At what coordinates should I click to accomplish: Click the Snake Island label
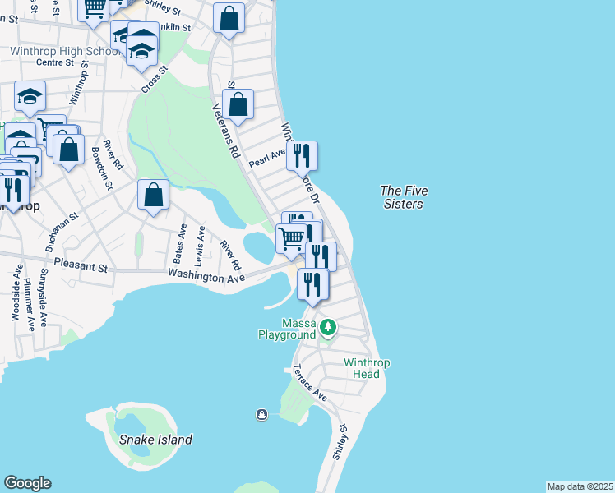pos(155,440)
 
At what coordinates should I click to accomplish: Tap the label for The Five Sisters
pos(403,197)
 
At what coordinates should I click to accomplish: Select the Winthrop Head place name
pos(362,368)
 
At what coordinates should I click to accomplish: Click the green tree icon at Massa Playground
pos(328,329)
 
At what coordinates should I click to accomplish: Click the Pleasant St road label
pos(81,267)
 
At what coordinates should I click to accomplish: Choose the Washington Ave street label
pos(206,278)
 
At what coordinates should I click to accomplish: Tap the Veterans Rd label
pos(225,131)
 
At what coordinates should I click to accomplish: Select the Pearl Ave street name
pos(266,156)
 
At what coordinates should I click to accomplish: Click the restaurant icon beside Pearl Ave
pos(302,154)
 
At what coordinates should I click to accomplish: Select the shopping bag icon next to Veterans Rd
pos(238,104)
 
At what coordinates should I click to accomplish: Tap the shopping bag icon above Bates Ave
pos(153,196)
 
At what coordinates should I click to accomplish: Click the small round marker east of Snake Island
pos(261,414)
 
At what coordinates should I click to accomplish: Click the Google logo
pos(27,483)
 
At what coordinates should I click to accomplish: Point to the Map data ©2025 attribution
pos(580,486)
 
